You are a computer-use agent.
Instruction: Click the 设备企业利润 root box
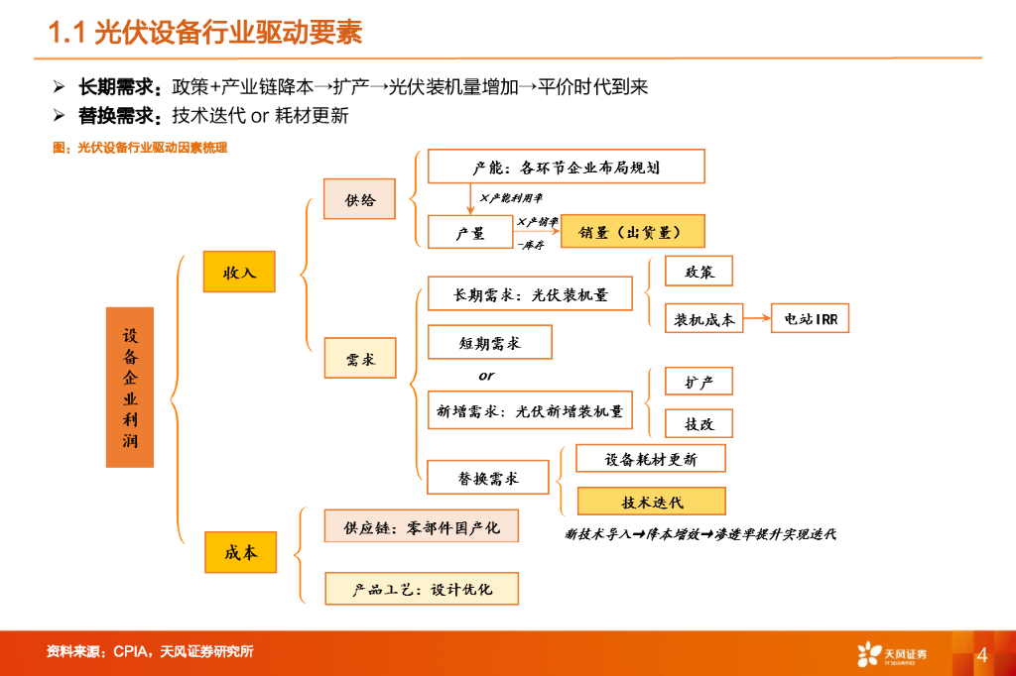pyautogui.click(x=130, y=388)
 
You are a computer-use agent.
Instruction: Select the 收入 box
pyautogui.click(x=239, y=272)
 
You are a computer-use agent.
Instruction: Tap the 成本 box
pyautogui.click(x=240, y=552)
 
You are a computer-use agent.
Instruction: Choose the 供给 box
pyautogui.click(x=360, y=199)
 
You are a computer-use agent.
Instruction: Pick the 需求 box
pyautogui.click(x=360, y=359)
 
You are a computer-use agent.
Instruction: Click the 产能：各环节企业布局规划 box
pyautogui.click(x=566, y=167)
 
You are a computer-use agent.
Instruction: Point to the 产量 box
pyautogui.click(x=469, y=232)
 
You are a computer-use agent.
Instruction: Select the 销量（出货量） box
pyautogui.click(x=632, y=232)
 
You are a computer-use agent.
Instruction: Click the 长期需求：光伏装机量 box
pyautogui.click(x=530, y=294)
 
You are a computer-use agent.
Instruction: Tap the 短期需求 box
pyautogui.click(x=489, y=342)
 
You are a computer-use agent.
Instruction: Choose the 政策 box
pyautogui.click(x=698, y=272)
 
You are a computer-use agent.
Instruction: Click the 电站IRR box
pyautogui.click(x=810, y=319)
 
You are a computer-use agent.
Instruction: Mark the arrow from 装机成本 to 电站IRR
pyautogui.click(x=757, y=319)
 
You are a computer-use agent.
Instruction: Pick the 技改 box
pyautogui.click(x=698, y=423)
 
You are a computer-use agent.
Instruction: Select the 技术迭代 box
pyautogui.click(x=651, y=502)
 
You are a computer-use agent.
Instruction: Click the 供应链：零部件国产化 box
pyautogui.click(x=422, y=526)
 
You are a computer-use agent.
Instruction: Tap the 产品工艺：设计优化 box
pyautogui.click(x=422, y=589)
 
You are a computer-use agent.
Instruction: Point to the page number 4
pyautogui.click(x=981, y=655)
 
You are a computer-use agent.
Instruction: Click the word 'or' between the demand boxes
pyautogui.click(x=486, y=377)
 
